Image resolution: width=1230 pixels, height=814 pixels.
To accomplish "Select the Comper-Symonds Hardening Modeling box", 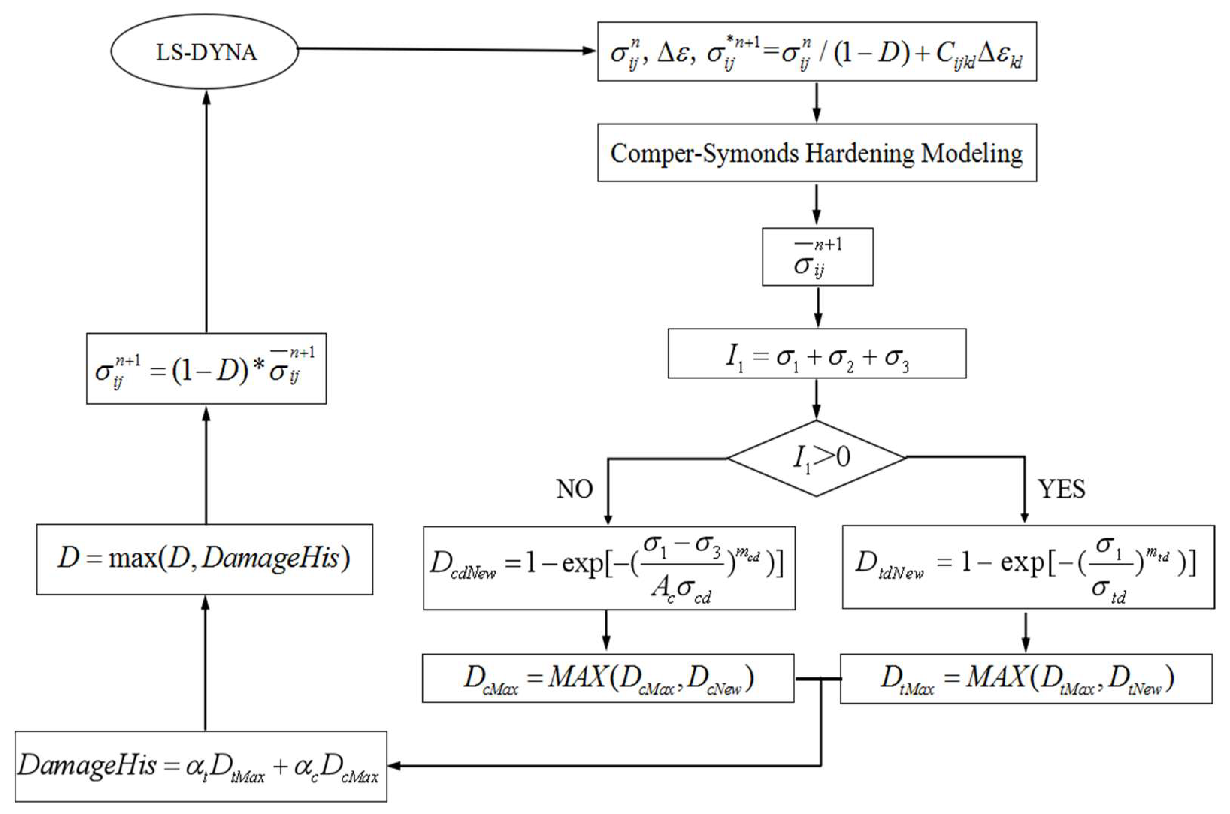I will [816, 153].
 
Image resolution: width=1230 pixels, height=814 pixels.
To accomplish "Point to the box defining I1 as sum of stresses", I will [816, 353].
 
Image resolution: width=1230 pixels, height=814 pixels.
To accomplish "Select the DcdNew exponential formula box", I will [608, 568].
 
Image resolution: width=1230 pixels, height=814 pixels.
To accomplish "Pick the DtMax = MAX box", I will [1026, 678].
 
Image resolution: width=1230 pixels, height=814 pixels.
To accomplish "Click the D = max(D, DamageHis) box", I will [204, 559].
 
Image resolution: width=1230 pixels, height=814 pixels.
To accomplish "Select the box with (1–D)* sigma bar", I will [206, 368].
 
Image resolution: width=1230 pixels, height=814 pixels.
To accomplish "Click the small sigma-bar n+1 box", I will [817, 257].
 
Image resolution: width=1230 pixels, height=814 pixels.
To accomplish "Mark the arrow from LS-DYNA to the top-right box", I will [446, 50].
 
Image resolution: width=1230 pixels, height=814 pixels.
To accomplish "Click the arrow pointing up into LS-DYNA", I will [206, 208].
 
